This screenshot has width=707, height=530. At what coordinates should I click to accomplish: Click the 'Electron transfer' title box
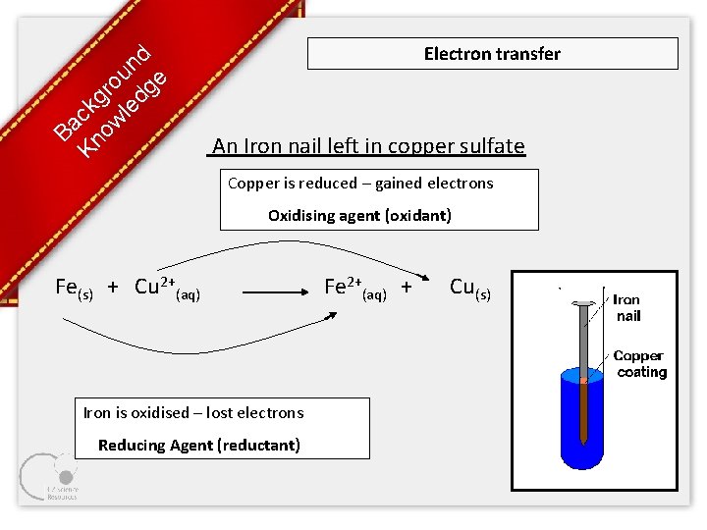tap(492, 54)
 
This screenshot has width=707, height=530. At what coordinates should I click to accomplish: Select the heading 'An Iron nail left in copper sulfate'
tap(368, 146)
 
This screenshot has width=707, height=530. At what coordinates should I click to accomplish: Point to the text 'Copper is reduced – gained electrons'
tap(360, 184)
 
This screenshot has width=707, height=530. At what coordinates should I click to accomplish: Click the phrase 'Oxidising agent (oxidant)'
tap(359, 216)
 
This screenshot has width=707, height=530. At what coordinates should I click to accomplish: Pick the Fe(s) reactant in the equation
tap(74, 288)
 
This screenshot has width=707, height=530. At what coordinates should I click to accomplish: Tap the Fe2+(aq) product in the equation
tap(354, 288)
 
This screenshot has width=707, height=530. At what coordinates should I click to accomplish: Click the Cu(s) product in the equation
tap(469, 288)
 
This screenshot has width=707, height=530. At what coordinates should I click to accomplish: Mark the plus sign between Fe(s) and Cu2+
tap(113, 287)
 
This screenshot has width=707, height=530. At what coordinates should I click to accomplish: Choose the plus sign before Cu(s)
tap(407, 288)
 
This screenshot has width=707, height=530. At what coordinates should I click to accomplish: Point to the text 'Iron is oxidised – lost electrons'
tap(193, 413)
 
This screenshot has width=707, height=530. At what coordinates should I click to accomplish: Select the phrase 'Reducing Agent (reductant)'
tap(199, 446)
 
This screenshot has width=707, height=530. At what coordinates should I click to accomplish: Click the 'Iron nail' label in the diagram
tap(627, 308)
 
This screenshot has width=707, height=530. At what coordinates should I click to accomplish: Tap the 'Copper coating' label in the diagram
tap(639, 364)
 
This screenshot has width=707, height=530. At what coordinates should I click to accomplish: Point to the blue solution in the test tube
tap(570, 422)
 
